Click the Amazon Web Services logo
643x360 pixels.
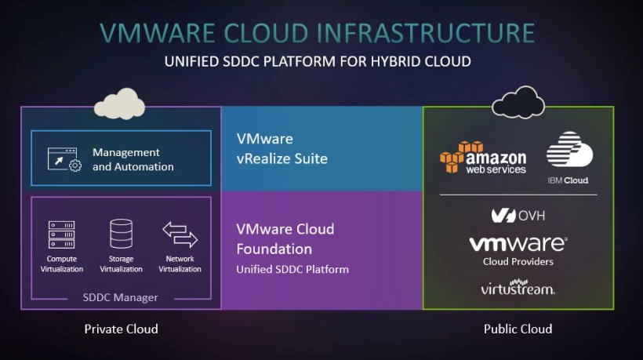pyautogui.click(x=482, y=157)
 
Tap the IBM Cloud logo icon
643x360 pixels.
pyautogui.click(x=568, y=149)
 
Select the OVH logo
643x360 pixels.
pyautogui.click(x=518, y=215)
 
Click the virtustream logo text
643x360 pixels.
pyautogui.click(x=518, y=289)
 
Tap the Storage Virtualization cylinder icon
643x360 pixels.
pyautogui.click(x=121, y=234)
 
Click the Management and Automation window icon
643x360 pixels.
pyautogui.click(x=61, y=159)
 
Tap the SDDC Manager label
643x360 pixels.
pyautogui.click(x=120, y=297)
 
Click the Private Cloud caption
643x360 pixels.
pyautogui.click(x=121, y=329)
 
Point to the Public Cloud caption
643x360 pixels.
pyautogui.click(x=518, y=329)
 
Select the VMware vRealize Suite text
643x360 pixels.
pyautogui.click(x=282, y=149)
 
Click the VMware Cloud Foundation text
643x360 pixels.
pyautogui.click(x=285, y=239)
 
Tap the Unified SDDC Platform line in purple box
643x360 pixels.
pyautogui.click(x=292, y=269)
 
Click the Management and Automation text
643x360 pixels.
pyautogui.click(x=133, y=159)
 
